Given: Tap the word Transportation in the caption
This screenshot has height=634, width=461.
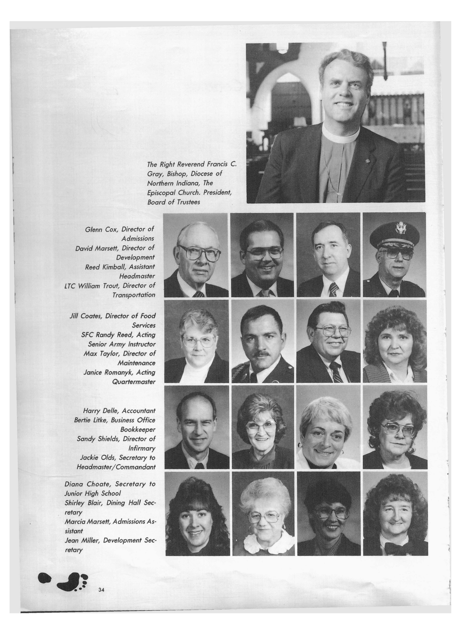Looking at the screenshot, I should pos(134,295).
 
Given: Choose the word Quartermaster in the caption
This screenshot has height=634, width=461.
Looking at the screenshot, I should pos(134,382).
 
